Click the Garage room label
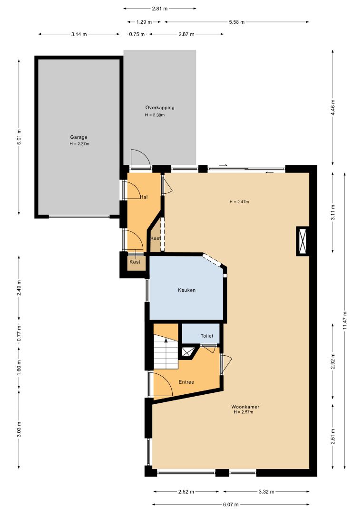(x=78, y=137)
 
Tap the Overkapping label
(x=160, y=108)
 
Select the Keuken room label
(x=187, y=290)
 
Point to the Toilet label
(x=207, y=336)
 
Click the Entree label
(x=186, y=382)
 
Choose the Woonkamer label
(x=245, y=407)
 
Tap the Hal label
(x=144, y=197)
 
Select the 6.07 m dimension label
(x=231, y=504)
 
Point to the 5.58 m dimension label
(x=237, y=22)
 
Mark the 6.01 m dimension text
(x=19, y=137)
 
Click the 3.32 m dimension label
(x=267, y=492)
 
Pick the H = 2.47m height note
(x=239, y=202)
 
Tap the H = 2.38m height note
(x=155, y=115)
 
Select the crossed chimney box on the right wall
(x=303, y=241)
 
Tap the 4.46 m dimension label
(x=333, y=107)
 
